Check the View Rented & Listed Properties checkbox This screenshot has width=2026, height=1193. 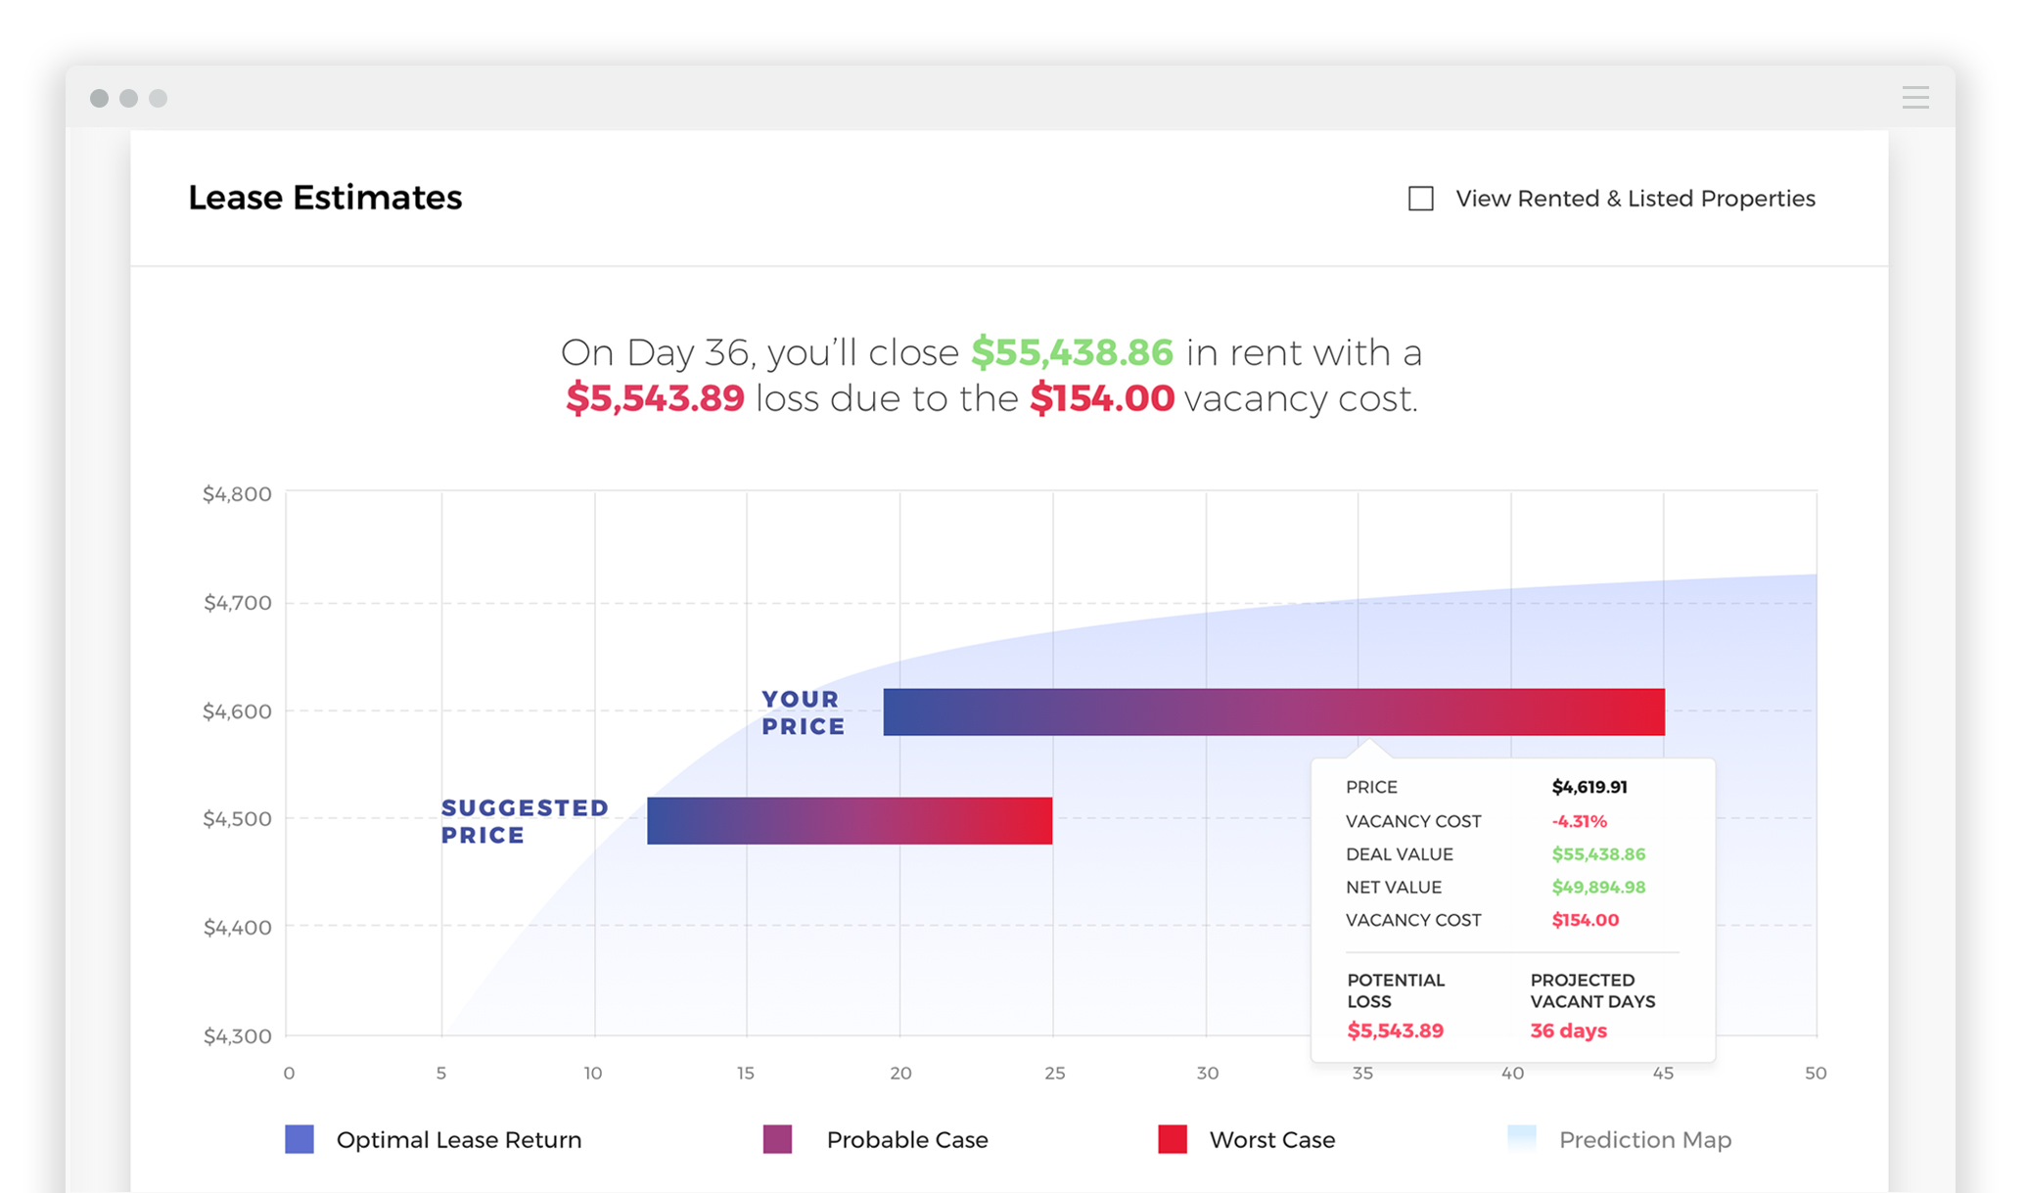1420,199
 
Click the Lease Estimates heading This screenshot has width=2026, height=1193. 325,198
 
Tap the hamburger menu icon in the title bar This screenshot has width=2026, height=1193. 1915,98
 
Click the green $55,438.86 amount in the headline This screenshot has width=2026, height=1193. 1072,352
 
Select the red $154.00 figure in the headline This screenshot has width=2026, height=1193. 1102,398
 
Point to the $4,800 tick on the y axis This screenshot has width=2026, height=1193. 237,494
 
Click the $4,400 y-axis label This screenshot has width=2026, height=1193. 237,927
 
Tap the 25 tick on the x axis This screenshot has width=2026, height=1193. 1054,1074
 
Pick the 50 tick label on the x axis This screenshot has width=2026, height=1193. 1816,1074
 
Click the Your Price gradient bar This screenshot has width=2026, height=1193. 1273,711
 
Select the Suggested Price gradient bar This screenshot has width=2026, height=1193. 850,820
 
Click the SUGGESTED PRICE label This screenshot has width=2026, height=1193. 525,821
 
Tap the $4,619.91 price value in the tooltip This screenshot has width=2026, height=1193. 1589,787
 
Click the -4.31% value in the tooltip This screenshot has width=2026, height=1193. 1579,821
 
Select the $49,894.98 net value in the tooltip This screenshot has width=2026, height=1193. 1598,887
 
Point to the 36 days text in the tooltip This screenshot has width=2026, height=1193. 1568,1031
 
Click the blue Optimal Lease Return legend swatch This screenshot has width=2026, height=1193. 299,1139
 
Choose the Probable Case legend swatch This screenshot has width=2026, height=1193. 777,1139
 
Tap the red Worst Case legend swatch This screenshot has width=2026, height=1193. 1173,1139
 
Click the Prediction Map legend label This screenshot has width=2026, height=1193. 1645,1140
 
